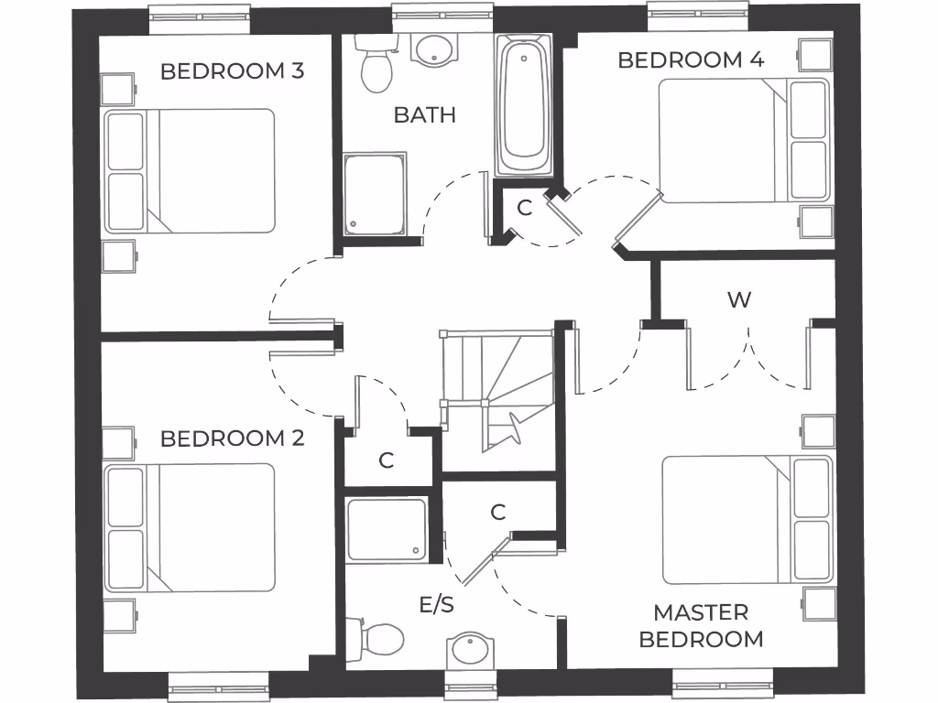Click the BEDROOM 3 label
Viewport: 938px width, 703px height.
pos(232,71)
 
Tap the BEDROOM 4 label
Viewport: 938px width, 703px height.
pos(691,60)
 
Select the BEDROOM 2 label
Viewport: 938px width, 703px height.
pos(232,438)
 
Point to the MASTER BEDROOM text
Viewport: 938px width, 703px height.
pos(701,625)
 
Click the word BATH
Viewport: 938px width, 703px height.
pos(425,115)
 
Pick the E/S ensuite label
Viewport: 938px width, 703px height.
pos(437,605)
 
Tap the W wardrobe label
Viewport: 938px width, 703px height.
pos(738,299)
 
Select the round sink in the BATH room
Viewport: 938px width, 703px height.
pos(430,49)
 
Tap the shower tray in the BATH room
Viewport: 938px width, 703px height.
pos(375,195)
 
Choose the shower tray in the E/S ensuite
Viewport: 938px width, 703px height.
pos(387,528)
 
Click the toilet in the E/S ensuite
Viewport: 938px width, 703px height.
pos(380,638)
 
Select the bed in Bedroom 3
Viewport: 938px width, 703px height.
pos(190,171)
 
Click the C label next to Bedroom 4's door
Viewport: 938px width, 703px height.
pos(524,208)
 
